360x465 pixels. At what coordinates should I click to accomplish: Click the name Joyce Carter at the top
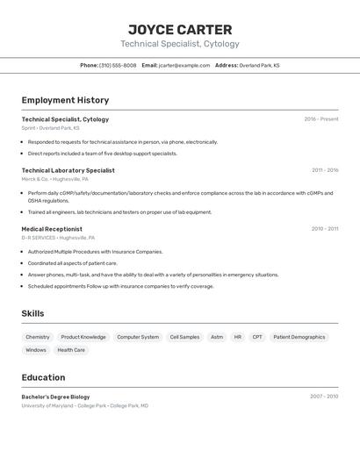coord(180,30)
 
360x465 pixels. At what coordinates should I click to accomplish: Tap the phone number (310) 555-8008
coord(118,65)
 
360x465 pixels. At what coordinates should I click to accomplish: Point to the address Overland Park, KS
coord(259,65)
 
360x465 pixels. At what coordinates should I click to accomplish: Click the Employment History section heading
coord(65,100)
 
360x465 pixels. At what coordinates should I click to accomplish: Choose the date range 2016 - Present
coord(320,119)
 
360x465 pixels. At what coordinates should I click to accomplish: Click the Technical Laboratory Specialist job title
coord(68,170)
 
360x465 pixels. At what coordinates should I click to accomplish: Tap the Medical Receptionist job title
coord(52,229)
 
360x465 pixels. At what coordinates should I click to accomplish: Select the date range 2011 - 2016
coord(325,170)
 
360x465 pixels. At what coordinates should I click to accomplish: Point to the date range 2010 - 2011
coord(325,229)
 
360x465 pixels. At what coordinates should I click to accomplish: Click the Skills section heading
coord(32,313)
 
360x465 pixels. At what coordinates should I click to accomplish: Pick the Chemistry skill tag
coord(38,337)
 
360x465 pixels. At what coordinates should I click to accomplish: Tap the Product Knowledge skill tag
coord(83,337)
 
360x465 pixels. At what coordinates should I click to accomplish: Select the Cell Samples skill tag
coord(184,337)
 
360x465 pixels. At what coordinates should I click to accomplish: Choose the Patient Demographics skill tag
coord(299,337)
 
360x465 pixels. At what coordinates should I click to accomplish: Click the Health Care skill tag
coord(71,350)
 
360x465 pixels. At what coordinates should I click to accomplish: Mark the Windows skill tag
coord(36,350)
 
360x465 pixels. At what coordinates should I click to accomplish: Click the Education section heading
coord(43,377)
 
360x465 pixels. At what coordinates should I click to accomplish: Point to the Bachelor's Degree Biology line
coord(55,397)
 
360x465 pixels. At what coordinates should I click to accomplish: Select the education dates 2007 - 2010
coord(324,397)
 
